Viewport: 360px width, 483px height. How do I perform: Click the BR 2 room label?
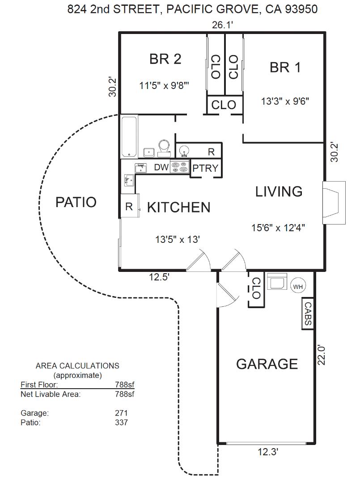[x=165, y=59]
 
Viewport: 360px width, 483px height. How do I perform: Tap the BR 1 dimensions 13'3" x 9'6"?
[x=285, y=101]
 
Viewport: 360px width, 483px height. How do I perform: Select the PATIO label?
[x=76, y=202]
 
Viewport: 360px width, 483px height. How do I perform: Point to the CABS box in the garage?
[x=308, y=314]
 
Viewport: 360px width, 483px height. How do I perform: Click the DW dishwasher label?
[x=161, y=167]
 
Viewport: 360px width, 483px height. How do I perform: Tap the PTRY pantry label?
[x=205, y=168]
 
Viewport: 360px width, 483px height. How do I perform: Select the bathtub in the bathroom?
[x=129, y=136]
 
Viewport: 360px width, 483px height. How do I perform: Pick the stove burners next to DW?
[x=179, y=167]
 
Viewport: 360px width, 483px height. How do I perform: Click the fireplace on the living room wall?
[x=334, y=203]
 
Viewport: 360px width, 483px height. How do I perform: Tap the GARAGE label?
[x=267, y=364]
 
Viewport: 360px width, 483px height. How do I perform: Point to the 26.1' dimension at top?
[x=222, y=25]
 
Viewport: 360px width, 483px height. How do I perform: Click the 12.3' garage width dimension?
[x=268, y=452]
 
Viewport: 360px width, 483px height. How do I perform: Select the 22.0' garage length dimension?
[x=321, y=355]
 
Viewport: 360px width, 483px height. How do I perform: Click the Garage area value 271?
[x=121, y=413]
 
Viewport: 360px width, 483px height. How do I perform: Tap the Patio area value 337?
[x=121, y=422]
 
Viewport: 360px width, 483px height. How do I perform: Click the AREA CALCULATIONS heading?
[x=77, y=366]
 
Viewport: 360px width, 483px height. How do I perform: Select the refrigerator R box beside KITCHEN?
[x=129, y=206]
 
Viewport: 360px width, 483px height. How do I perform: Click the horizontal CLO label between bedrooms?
[x=224, y=105]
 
